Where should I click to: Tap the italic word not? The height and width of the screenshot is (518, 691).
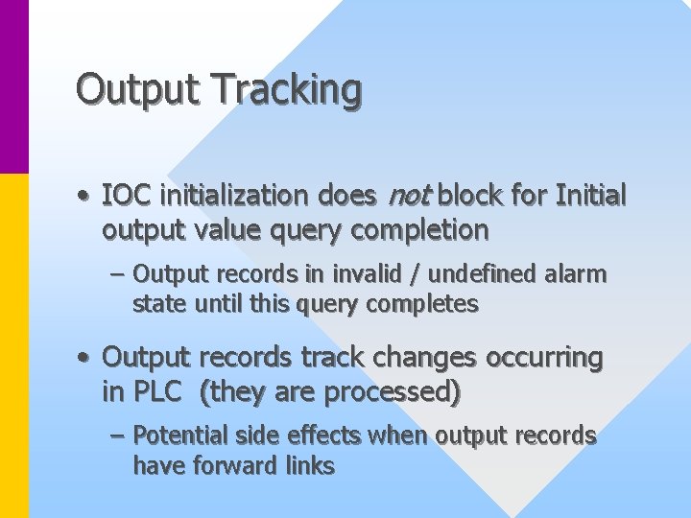[x=408, y=196]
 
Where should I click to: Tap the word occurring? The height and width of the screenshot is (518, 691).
[x=542, y=358]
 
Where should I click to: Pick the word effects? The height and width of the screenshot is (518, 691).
[x=326, y=436]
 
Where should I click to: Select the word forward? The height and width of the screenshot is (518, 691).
[x=232, y=466]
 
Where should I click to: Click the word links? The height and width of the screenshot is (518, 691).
[x=310, y=466]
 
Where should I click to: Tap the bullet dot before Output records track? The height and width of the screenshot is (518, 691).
[x=84, y=359]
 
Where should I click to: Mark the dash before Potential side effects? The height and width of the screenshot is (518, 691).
[x=117, y=436]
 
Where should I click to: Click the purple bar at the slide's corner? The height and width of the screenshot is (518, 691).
[x=14, y=86]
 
